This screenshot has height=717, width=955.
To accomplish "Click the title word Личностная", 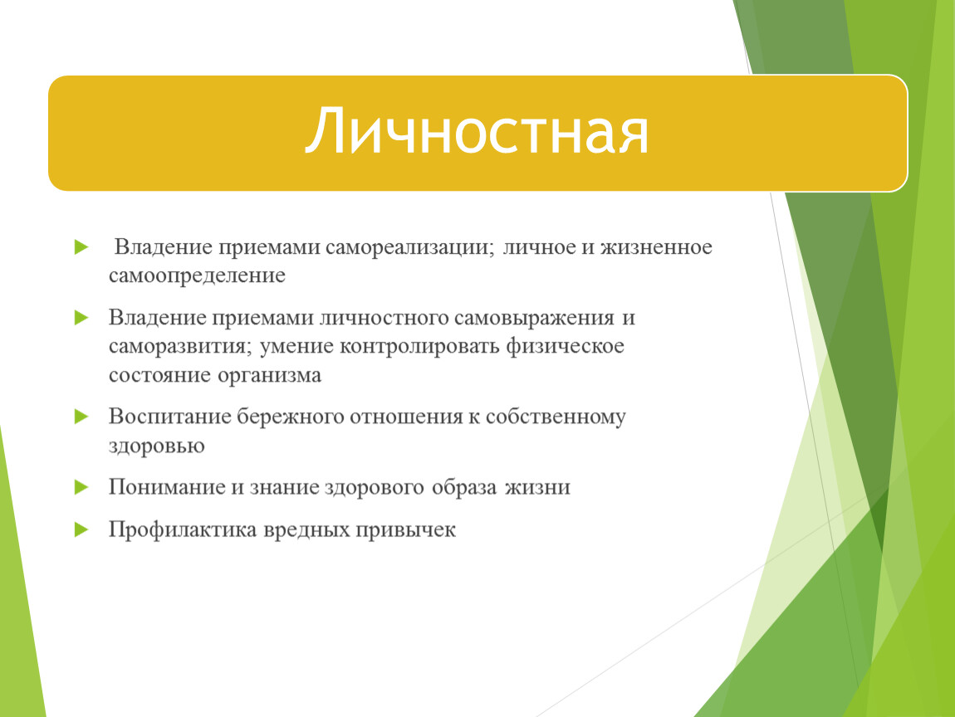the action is pyautogui.click(x=477, y=131).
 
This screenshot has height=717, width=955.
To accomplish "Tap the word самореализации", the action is pyautogui.click(x=409, y=247).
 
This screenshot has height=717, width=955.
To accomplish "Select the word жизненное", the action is pyautogui.click(x=656, y=247).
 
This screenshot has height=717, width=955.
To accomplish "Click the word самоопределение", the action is pyautogui.click(x=198, y=276).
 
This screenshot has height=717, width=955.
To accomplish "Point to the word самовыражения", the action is pyautogui.click(x=534, y=318).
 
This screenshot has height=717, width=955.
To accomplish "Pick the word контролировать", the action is pyautogui.click(x=419, y=346).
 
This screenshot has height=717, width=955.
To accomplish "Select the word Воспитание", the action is pyautogui.click(x=169, y=417).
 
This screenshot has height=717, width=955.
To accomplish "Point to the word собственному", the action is pyautogui.click(x=556, y=417).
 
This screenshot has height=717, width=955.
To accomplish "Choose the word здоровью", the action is pyautogui.click(x=156, y=446).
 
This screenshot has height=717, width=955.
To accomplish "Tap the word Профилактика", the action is pyautogui.click(x=183, y=529).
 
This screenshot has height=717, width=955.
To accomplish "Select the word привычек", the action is pyautogui.click(x=405, y=529).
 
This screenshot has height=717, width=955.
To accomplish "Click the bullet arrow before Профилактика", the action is pyautogui.click(x=81, y=529).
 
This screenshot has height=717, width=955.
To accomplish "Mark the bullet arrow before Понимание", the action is pyautogui.click(x=81, y=487).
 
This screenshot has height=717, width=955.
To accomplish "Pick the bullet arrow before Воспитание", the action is pyautogui.click(x=81, y=417).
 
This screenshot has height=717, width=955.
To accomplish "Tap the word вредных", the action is pyautogui.click(x=306, y=529).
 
